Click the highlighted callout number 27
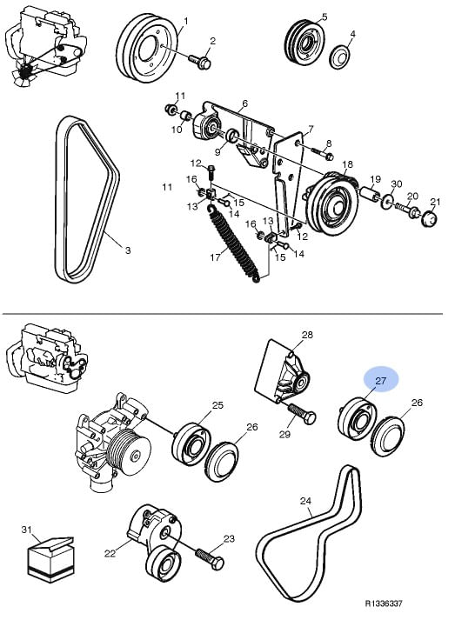381,381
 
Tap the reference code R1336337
384,603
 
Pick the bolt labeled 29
302,413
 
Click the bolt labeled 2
200,61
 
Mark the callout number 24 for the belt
305,501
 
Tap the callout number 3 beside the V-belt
127,250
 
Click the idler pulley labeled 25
191,444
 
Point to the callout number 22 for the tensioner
110,553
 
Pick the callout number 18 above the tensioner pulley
347,164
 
